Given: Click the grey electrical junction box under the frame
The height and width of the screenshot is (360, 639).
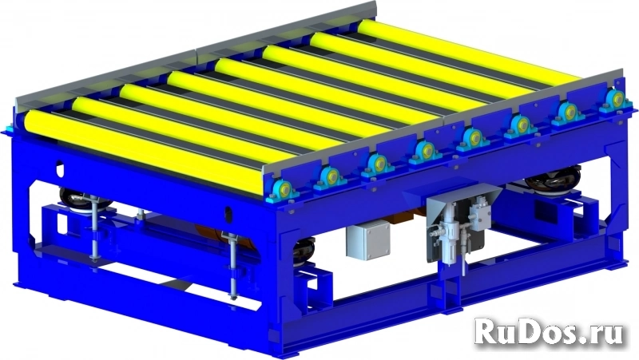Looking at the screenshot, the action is [368, 241].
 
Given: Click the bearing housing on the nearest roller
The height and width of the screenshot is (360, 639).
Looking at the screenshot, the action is [283, 191].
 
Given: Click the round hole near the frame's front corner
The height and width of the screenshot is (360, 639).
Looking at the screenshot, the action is [229, 215].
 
